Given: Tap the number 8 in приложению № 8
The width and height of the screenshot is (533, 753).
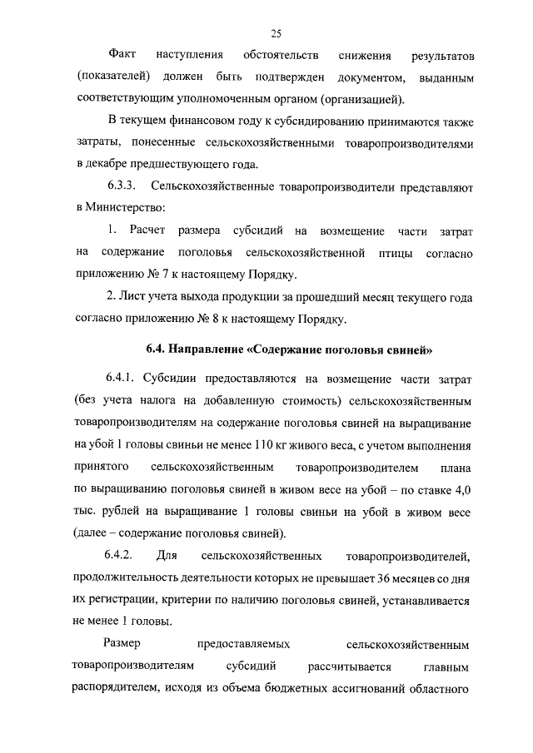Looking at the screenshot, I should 217,317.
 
